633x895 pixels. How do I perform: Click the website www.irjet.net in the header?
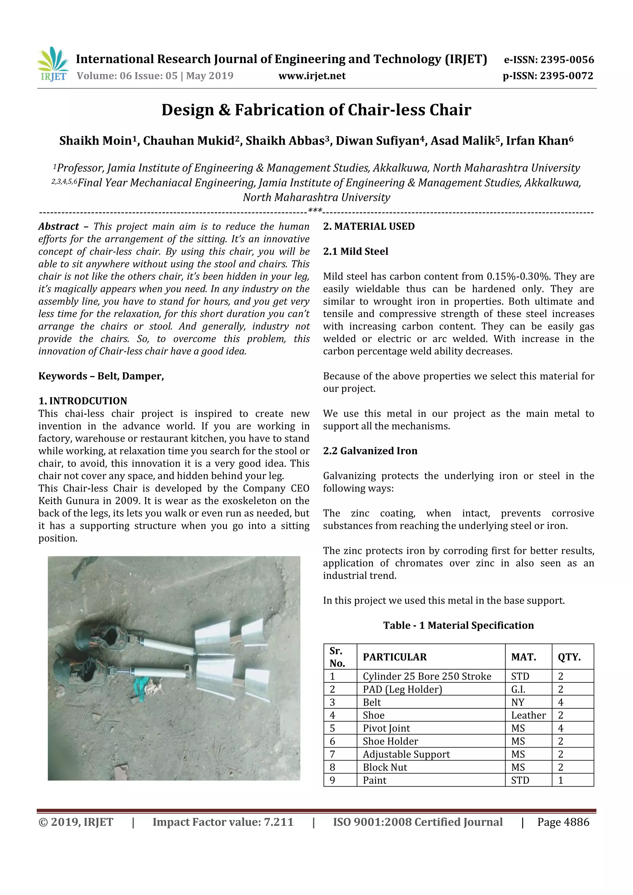[x=312, y=76]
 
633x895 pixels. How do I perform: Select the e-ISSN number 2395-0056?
[x=567, y=60]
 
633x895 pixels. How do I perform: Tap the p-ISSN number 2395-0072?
[x=566, y=76]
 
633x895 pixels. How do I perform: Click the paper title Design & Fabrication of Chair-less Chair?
[x=316, y=110]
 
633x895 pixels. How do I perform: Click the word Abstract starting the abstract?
[x=59, y=227]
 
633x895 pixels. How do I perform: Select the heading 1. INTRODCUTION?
[x=83, y=401]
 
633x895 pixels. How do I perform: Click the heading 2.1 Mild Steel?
[x=355, y=252]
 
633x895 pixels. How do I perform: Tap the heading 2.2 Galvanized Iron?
[x=370, y=451]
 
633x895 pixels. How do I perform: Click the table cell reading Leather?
[x=528, y=715]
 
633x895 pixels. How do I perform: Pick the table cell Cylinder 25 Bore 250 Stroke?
[x=427, y=676]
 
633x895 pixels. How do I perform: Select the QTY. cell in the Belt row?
[x=560, y=702]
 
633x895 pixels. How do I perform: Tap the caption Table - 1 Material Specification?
[x=458, y=625]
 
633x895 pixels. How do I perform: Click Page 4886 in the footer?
[x=563, y=822]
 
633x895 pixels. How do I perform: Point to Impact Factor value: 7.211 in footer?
[x=223, y=822]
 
